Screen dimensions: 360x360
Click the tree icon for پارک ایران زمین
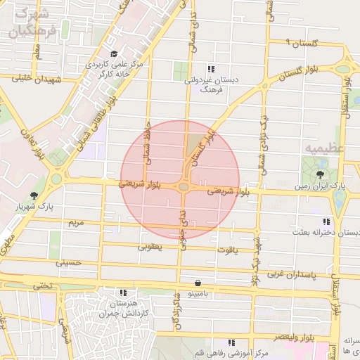[321, 173]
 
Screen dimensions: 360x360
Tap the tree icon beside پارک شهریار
[33, 195]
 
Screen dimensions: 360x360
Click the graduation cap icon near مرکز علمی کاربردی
[114, 54]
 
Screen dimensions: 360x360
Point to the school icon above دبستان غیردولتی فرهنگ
[210, 69]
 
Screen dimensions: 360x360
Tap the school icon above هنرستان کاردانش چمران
[123, 292]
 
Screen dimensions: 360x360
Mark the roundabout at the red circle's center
[183, 186]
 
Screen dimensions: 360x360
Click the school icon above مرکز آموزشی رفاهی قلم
[231, 342]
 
